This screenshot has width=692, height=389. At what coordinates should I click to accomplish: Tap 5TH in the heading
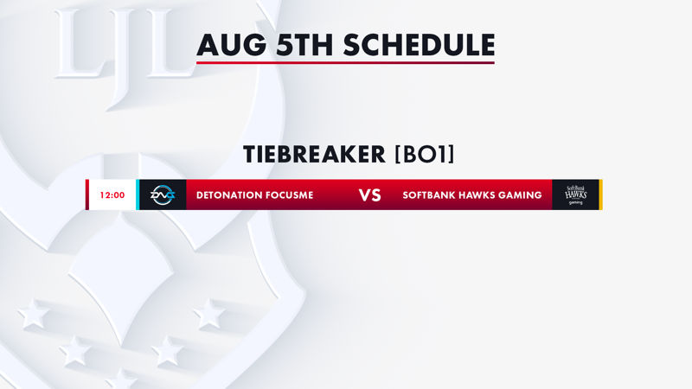click(x=304, y=45)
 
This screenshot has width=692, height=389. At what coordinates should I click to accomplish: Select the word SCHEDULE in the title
click(x=420, y=45)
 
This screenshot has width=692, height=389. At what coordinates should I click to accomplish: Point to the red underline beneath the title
click(x=345, y=62)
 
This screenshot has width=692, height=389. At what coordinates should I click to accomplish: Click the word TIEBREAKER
click(x=314, y=155)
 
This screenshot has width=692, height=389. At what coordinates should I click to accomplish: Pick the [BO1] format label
click(x=425, y=155)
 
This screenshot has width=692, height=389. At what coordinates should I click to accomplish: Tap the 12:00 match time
click(x=112, y=195)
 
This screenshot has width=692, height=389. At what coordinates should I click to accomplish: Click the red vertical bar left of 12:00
click(x=87, y=194)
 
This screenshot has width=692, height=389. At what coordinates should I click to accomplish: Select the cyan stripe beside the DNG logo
click(x=138, y=194)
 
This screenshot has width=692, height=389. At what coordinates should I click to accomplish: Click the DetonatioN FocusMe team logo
click(x=163, y=195)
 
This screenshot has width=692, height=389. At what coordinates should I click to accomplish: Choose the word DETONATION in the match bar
click(x=231, y=195)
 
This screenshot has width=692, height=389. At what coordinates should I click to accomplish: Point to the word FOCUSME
click(x=292, y=195)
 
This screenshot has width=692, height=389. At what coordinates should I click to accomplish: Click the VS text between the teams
click(x=370, y=195)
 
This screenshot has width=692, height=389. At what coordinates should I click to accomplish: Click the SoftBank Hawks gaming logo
click(x=576, y=195)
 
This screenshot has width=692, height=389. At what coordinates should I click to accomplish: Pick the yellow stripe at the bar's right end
click(x=600, y=194)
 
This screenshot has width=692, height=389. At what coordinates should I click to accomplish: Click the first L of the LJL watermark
click(x=80, y=44)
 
